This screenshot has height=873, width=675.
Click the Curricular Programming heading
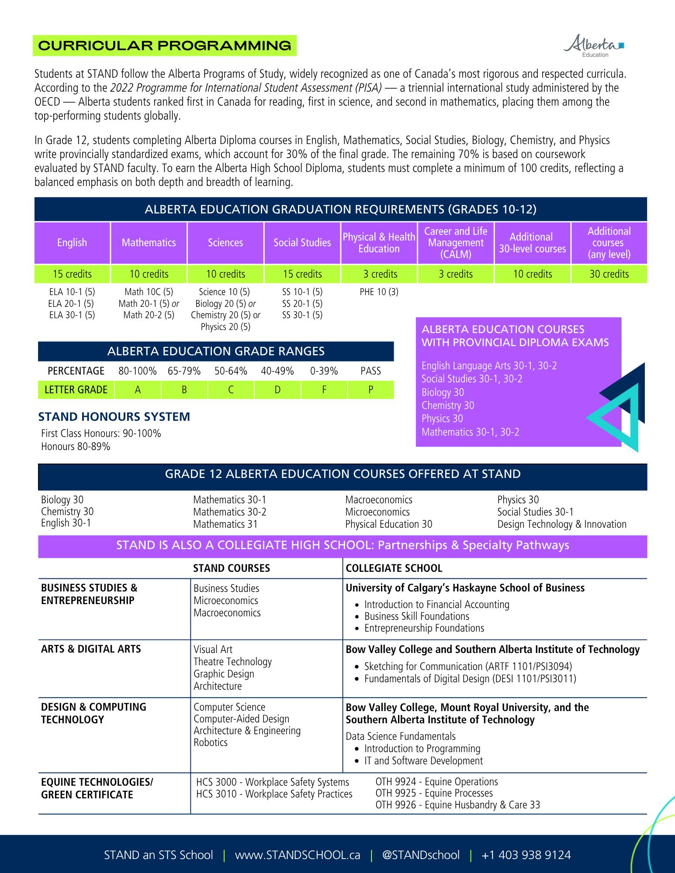[x=165, y=46]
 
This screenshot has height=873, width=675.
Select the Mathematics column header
[x=149, y=243]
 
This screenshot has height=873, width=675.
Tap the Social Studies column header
[x=302, y=243]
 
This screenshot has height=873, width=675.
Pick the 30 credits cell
[x=609, y=274]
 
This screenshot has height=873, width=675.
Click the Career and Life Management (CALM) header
[x=456, y=243]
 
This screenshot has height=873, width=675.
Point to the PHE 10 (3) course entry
[x=379, y=292]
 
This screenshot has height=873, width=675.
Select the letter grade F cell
[x=324, y=390]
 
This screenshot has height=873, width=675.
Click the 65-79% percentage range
[x=184, y=371]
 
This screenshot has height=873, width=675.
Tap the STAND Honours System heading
[x=114, y=417]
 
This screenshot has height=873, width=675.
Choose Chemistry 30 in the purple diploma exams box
[x=448, y=406]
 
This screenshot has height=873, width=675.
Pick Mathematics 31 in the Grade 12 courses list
[x=225, y=524]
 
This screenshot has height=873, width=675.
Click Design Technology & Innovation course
[x=562, y=524]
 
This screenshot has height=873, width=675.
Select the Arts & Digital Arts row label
[x=91, y=649]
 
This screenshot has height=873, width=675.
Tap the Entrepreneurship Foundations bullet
[x=424, y=628]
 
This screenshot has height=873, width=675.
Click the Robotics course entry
[x=211, y=742]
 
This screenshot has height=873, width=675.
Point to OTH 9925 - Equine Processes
[x=434, y=793]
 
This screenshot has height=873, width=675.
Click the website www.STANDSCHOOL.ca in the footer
[x=298, y=855]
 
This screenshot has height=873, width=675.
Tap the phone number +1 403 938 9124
[x=526, y=855]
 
